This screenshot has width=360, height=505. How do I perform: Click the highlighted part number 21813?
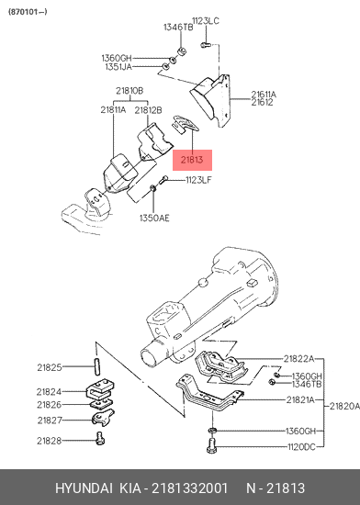coord(192,160)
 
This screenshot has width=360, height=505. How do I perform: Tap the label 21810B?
coord(129,91)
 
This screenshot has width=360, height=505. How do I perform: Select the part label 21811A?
coord(113,110)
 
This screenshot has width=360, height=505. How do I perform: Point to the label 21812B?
coord(148,110)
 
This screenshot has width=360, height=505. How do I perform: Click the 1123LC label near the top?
coord(206,21)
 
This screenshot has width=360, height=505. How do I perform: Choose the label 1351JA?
coord(118,67)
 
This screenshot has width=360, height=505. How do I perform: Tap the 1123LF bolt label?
coord(198,180)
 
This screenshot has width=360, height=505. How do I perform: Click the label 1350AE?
coord(154,218)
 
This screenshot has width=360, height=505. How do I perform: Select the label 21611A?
coord(264,95)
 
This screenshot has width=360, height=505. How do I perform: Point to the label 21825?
coord(50,367)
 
